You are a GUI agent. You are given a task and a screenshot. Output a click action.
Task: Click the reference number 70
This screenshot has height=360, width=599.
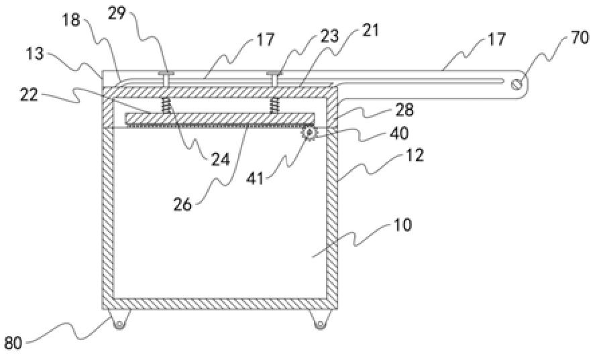click(x=580, y=38)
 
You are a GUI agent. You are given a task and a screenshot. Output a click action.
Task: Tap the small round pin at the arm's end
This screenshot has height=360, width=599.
click(x=516, y=84)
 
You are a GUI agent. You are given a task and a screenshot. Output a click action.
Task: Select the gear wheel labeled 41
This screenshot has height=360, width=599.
click(x=309, y=133)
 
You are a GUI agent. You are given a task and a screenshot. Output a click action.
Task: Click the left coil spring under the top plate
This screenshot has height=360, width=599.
click(x=166, y=105)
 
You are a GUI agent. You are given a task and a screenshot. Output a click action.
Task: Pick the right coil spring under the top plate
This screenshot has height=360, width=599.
click(x=274, y=105)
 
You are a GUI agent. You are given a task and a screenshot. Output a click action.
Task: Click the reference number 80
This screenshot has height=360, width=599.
click(x=14, y=343)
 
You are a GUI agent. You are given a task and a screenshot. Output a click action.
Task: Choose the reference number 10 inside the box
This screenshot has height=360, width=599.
click(x=402, y=225)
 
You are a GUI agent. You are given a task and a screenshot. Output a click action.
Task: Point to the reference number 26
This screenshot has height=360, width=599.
click(x=182, y=204)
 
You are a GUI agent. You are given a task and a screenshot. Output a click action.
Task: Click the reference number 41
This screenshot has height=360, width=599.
click(x=255, y=178)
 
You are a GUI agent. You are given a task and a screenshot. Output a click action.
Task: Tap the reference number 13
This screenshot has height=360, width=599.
click(x=35, y=54)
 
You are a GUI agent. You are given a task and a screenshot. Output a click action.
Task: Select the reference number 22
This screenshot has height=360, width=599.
click(x=30, y=95)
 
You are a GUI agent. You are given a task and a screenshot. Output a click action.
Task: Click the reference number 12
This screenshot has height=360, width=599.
click(x=415, y=156)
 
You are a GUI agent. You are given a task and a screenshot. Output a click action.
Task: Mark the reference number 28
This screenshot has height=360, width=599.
click(x=404, y=110)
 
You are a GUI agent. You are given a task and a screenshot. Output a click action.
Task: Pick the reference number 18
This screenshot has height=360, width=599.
click(x=70, y=20)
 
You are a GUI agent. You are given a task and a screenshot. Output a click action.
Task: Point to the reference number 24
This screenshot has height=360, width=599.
click(x=221, y=159)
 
